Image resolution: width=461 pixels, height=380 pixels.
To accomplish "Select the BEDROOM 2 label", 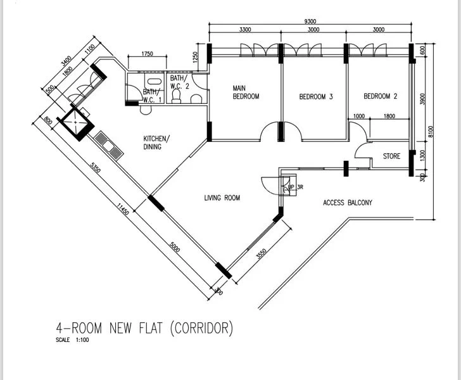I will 380,97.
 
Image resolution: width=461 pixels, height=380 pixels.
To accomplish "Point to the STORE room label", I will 391,156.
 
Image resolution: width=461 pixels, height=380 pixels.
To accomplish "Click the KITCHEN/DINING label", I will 156,142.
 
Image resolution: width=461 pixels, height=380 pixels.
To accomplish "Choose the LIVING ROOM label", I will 222,198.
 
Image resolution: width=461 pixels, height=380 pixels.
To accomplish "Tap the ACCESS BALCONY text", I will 347,203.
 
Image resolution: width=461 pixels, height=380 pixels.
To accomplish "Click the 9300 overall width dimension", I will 310,22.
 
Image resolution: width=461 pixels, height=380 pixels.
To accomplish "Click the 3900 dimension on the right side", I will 422,99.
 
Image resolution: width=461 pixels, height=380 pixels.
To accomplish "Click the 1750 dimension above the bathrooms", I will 147,54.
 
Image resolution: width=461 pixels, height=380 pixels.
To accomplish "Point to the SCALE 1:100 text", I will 73,341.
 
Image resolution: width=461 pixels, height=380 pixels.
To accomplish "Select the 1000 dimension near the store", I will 358,116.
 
